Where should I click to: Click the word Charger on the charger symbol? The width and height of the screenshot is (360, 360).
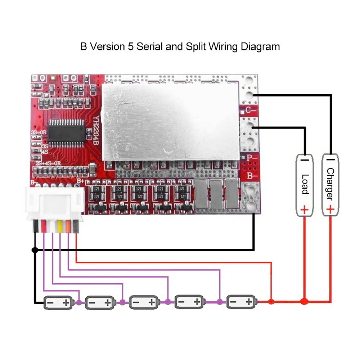coord(330,184)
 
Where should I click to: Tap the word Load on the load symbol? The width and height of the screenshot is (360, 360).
coord(305,184)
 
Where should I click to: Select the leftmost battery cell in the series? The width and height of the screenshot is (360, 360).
coord(58,303)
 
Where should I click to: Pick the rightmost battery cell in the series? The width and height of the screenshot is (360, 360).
coord(242,302)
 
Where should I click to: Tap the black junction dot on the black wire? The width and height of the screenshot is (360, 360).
coord(35,249)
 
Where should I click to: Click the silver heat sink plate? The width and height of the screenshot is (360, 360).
coord(171,121)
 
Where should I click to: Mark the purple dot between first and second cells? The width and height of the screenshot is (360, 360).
coord(79,303)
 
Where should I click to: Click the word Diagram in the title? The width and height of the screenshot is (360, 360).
coord(260,47)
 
